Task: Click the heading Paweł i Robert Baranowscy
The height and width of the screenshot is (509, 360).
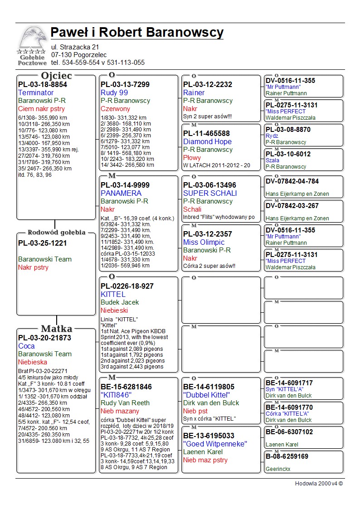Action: point(137,33)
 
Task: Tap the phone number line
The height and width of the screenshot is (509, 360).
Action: point(97,63)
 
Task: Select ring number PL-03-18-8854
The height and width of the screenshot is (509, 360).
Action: point(43,84)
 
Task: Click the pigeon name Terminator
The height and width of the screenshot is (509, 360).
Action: point(36,92)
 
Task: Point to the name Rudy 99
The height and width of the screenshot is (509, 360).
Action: point(114,92)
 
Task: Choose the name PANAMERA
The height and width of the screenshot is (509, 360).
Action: point(121,193)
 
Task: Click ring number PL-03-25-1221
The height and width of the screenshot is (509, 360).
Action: point(43,243)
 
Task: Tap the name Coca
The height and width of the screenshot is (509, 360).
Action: point(26,346)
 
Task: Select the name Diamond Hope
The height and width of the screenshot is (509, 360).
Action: point(207,141)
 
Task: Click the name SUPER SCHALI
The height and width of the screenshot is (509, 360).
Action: point(210,193)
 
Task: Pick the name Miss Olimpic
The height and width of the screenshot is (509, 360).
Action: point(204,242)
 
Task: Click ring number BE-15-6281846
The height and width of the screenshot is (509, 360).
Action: point(126,387)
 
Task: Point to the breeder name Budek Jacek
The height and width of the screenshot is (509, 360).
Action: point(120,302)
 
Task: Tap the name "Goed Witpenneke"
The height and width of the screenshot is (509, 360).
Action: point(215,444)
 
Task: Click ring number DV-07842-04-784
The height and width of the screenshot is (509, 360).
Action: point(292,181)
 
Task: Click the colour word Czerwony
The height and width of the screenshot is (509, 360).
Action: point(115,109)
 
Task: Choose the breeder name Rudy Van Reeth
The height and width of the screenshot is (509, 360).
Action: point(125,403)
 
